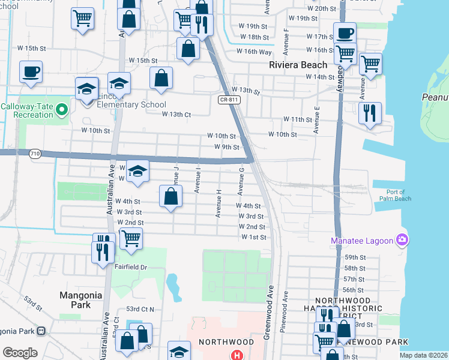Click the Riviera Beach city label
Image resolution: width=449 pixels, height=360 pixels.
click(298, 64)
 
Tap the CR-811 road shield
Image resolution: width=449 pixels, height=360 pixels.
click(226, 100)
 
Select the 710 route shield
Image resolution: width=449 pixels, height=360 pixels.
click(34, 154)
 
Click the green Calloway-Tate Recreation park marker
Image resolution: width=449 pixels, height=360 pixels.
click(61, 109)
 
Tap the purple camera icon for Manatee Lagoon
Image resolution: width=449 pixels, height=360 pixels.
click(402, 241)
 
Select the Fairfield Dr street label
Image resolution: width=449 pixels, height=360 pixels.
click(131, 267)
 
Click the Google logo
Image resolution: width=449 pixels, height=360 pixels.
click(20, 353)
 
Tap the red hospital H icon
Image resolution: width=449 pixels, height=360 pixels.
click(238, 355)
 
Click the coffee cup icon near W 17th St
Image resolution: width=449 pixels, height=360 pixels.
click(345, 33)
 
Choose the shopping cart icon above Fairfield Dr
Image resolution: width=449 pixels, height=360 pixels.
click(131, 238)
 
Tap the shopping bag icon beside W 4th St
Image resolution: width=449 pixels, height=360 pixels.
click(171, 196)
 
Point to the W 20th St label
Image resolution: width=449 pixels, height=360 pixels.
click(324, 8)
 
